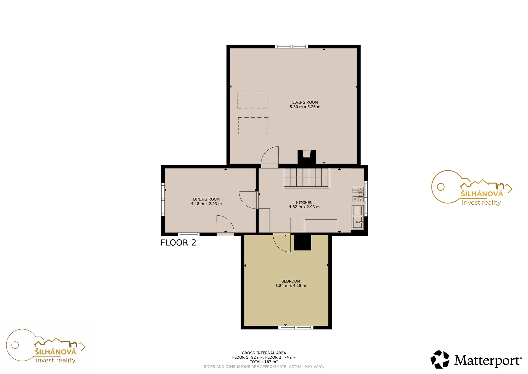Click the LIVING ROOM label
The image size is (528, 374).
point(305,102)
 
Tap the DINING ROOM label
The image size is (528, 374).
point(206,199)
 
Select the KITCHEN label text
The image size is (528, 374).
point(304,202)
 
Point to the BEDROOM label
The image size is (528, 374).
point(291,281)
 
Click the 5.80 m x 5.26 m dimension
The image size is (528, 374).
point(305,107)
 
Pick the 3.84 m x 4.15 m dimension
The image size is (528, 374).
point(291,286)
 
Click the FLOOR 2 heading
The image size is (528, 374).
point(178,243)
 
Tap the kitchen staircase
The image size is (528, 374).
point(307,178)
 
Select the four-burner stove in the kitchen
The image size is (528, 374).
point(358,194)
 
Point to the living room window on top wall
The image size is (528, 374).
point(291,47)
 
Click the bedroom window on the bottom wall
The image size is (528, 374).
point(296,327)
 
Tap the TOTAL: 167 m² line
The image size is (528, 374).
point(264,362)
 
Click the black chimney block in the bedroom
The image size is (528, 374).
point(302,242)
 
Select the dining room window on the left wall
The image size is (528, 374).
point(163,199)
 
